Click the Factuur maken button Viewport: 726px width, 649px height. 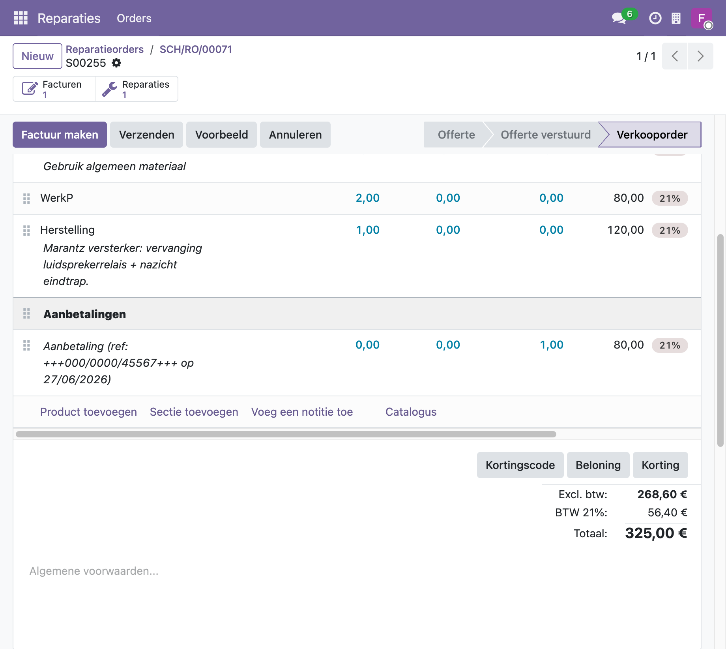(60, 135)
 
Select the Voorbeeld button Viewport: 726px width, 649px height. (221, 135)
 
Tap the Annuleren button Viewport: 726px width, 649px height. (295, 135)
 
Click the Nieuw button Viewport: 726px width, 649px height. (37, 56)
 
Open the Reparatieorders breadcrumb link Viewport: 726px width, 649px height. (105, 49)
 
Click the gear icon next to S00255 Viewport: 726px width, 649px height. (116, 63)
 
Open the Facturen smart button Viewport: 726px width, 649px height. (54, 89)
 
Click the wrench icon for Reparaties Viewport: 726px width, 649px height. (109, 89)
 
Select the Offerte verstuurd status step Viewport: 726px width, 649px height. (545, 135)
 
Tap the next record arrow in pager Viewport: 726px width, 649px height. (700, 56)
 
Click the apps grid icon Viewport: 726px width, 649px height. (21, 18)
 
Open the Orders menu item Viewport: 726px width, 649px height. (134, 18)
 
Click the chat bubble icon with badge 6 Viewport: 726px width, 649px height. (619, 18)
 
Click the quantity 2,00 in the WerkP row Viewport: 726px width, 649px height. (367, 198)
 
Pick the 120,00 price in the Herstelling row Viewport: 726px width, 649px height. (625, 230)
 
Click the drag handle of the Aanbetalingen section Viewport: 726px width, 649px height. (26, 314)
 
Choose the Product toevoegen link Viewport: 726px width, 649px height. (88, 412)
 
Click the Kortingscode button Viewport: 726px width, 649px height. (520, 465)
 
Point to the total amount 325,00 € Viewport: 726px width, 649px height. (656, 533)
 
